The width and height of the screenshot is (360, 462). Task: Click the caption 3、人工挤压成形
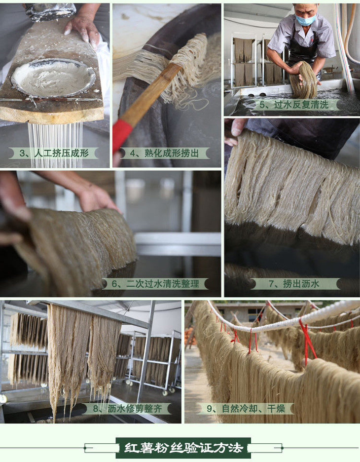(x=54, y=153)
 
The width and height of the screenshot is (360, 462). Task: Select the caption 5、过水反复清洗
(x=294, y=105)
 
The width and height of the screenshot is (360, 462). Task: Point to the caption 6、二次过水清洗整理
(x=155, y=284)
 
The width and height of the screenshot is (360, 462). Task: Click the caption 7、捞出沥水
(x=294, y=284)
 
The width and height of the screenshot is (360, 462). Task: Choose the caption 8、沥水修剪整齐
(x=127, y=409)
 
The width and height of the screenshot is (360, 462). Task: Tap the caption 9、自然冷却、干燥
(x=246, y=409)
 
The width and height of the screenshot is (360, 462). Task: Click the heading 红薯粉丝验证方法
(x=183, y=448)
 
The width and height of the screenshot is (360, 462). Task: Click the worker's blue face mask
(x=306, y=20)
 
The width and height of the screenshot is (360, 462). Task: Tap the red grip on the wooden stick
(x=122, y=136)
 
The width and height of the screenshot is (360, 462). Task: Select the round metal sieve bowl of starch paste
(x=53, y=78)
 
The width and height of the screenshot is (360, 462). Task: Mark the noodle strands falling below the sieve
(x=55, y=144)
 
